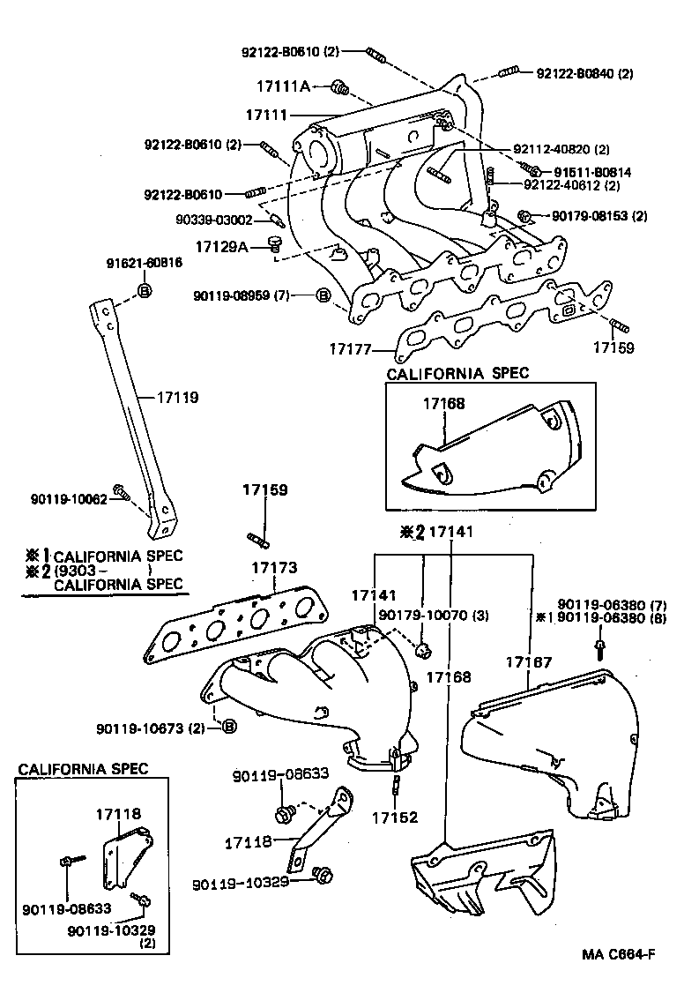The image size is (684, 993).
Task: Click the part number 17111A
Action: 284,86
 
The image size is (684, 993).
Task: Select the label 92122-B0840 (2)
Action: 584,73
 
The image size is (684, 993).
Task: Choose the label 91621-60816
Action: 145,263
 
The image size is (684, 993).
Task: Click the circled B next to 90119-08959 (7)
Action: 323,295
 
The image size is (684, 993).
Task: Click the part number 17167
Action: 529,661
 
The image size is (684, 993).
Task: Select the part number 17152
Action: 392,818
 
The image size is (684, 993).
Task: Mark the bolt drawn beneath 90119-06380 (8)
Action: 600,649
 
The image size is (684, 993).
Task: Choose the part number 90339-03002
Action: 215,220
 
